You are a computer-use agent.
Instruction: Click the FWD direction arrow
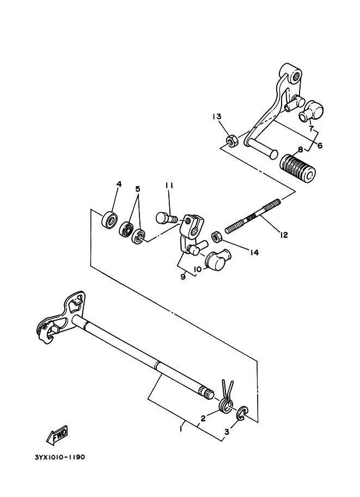[57, 434]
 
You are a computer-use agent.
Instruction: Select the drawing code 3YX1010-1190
[60, 457]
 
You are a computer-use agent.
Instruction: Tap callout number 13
[217, 116]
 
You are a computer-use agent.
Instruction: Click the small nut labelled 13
[231, 140]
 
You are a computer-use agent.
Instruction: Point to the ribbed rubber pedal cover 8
[297, 167]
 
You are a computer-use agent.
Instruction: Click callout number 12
[284, 235]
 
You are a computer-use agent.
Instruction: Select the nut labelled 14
[217, 237]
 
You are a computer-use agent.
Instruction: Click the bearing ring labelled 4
[109, 219]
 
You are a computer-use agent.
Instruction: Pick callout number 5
[138, 189]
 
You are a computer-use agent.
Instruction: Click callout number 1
[181, 429]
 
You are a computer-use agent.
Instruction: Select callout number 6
[320, 145]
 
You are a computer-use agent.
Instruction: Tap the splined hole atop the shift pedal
[296, 76]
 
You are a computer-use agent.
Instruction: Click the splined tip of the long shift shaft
[207, 394]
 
